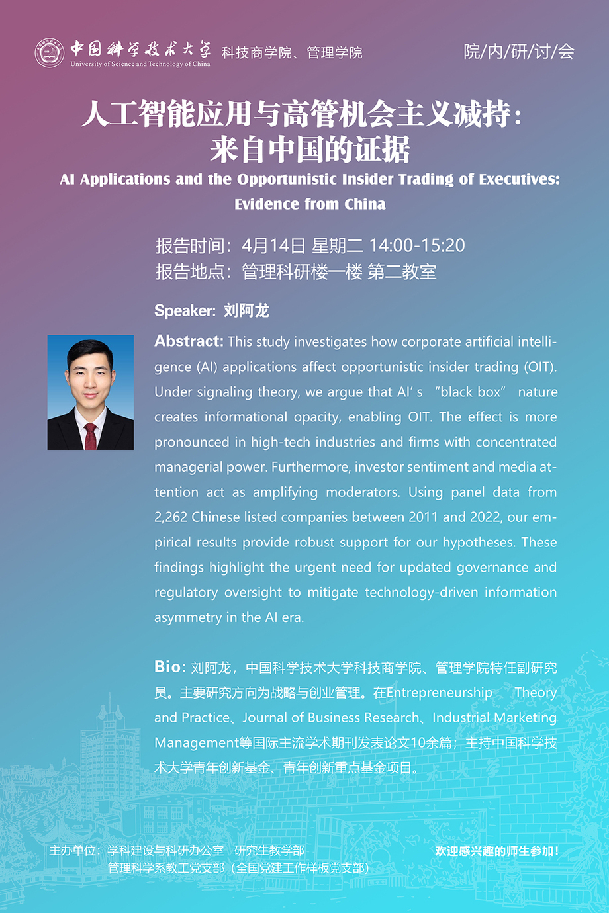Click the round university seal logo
(50, 53)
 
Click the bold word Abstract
(189, 341)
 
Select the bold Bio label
(169, 667)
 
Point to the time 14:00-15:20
(417, 246)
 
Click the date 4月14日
(273, 246)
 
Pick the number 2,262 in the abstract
(171, 517)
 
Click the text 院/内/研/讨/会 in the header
(518, 52)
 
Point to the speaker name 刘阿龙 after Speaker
(246, 310)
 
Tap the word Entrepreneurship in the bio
(439, 693)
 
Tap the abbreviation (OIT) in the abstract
(540, 367)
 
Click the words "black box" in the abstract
(470, 392)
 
